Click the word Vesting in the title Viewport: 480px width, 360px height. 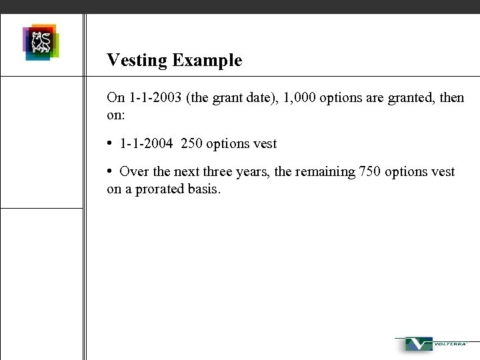pos(137,61)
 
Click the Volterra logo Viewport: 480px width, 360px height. pos(434,345)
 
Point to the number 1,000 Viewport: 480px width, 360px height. pos(299,97)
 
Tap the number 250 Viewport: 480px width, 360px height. pos(191,143)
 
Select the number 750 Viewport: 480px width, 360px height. pos(370,171)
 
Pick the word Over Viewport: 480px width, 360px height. pos(133,171)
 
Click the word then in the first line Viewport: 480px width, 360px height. pos(451,97)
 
